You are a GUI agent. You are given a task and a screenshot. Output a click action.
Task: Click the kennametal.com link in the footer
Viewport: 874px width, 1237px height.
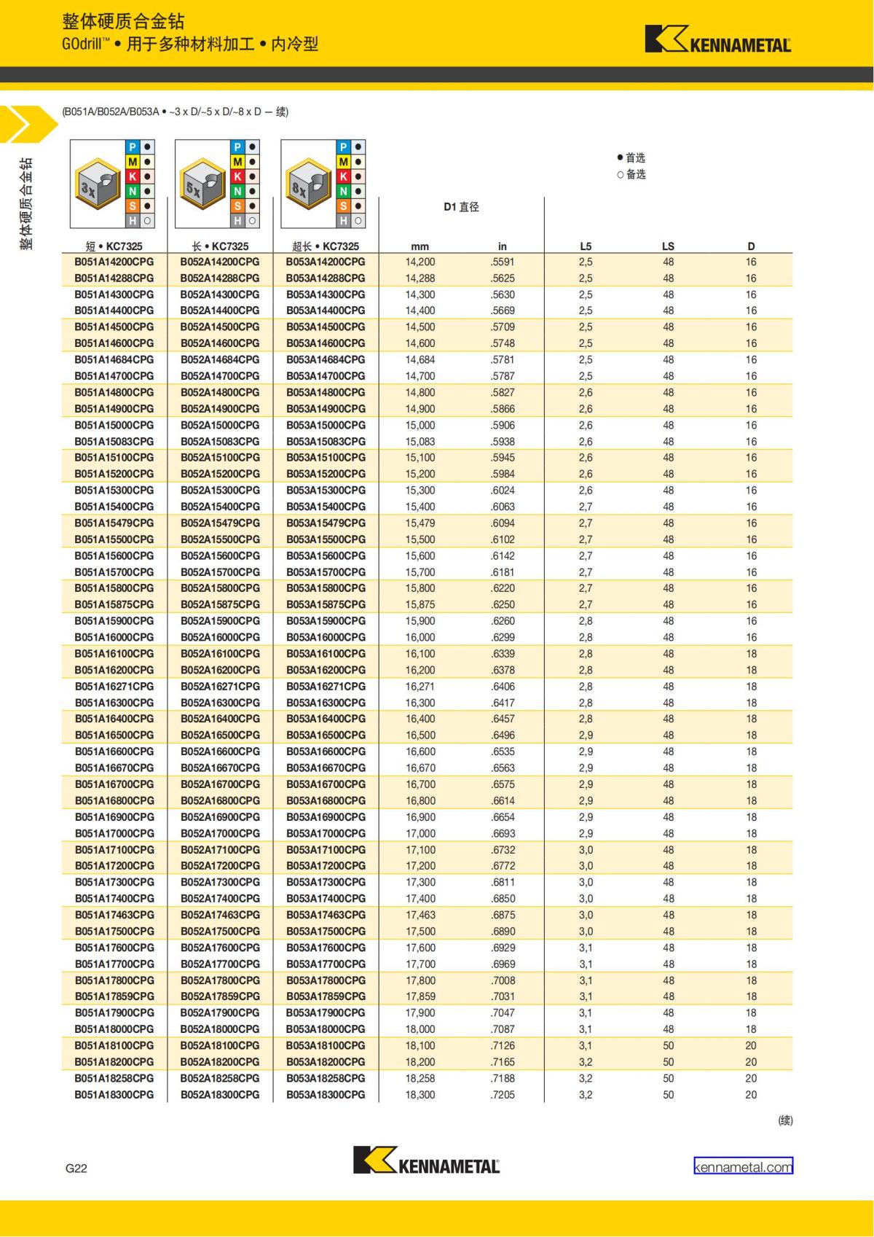(x=743, y=1167)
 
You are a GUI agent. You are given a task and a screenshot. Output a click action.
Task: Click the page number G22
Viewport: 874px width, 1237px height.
(x=76, y=1168)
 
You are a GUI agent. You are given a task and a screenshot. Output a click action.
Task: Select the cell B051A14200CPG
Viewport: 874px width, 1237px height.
(x=114, y=262)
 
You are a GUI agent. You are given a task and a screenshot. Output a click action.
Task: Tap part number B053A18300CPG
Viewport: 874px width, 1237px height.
(x=326, y=1094)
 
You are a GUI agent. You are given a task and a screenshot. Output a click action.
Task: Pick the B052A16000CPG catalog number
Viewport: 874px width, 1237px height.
(x=220, y=637)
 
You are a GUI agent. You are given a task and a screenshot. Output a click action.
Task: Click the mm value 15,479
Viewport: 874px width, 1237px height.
(x=420, y=523)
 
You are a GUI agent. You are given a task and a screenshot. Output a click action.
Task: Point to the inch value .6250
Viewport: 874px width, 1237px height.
(x=503, y=604)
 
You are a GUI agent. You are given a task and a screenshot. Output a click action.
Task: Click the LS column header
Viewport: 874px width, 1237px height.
(x=668, y=246)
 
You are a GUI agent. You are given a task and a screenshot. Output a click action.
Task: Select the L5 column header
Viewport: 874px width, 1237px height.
(x=586, y=246)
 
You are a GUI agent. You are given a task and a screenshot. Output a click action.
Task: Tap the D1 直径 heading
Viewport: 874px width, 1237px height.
(x=461, y=207)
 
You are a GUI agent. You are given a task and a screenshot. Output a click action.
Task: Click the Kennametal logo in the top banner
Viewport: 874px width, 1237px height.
(x=717, y=40)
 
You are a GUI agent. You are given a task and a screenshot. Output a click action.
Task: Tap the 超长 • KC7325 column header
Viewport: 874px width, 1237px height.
(x=326, y=246)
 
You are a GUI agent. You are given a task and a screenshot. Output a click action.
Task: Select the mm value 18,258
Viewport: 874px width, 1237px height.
(x=420, y=1078)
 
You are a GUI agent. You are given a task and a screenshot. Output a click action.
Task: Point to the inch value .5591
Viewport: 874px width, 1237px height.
(x=503, y=262)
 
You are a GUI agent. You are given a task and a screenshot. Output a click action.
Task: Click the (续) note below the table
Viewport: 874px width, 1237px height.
(x=785, y=1120)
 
